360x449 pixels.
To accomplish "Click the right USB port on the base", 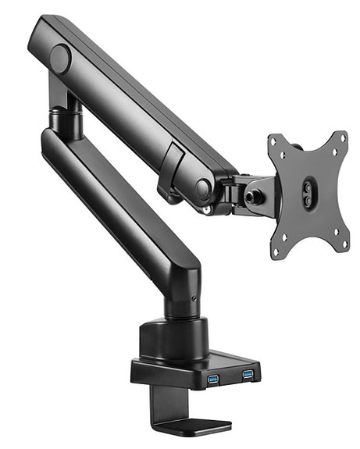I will click(x=248, y=374).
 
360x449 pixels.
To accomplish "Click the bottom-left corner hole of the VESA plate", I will click(x=276, y=252).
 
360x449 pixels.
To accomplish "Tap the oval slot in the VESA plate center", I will click(x=308, y=194).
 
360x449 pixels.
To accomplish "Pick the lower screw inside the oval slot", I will click(x=308, y=201).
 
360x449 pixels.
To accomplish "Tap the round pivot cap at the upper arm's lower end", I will click(x=203, y=188).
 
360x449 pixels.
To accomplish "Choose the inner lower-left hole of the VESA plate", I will click(x=290, y=232).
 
